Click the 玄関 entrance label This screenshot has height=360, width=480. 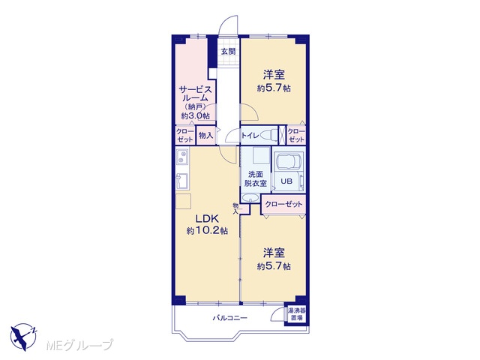click(228, 52)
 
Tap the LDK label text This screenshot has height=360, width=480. click(207, 218)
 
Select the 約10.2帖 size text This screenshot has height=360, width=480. click(207, 230)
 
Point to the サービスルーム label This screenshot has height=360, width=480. click(195, 94)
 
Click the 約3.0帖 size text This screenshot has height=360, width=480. click(195, 116)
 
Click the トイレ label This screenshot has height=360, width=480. click(250, 135)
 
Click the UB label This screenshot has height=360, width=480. click(286, 181)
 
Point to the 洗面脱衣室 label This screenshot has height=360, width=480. click(255, 178)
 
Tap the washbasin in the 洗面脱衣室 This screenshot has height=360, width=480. click(250, 198)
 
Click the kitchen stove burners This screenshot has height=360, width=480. click(182, 157)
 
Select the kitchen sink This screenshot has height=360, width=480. click(183, 181)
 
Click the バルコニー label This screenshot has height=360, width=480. click(230, 318)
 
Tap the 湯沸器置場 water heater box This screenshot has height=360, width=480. click(296, 314)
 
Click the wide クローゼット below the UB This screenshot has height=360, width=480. click(283, 204)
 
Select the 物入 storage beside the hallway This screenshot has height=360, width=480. click(205, 135)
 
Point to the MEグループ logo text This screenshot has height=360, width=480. click(79, 345)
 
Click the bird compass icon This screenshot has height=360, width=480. click(23, 337)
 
